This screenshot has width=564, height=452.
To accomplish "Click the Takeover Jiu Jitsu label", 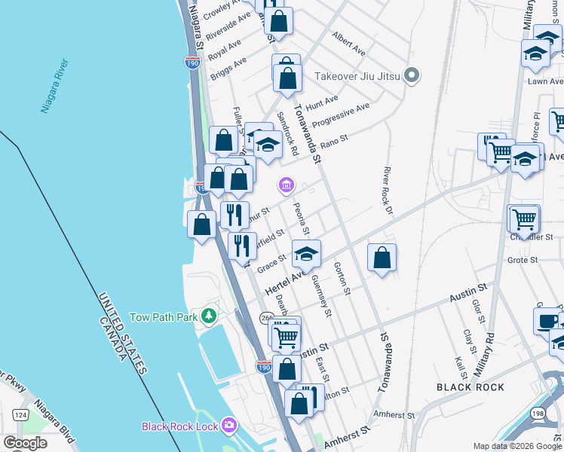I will tap(356, 75).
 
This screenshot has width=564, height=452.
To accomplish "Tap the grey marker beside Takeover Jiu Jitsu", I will tap(412, 75).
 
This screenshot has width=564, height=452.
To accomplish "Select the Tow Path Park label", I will tap(164, 317).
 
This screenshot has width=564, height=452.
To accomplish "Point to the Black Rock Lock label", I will tap(180, 426).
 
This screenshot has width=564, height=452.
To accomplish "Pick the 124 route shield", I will tap(20, 415).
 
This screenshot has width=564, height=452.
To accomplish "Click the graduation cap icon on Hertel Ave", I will tap(306, 254).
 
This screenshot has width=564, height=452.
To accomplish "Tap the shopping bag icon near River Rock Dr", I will tap(383, 258).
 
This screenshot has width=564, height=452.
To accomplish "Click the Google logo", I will tap(26, 443).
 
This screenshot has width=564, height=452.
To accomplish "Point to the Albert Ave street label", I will tap(348, 44).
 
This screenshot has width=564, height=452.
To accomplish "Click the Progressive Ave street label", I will tap(341, 115).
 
